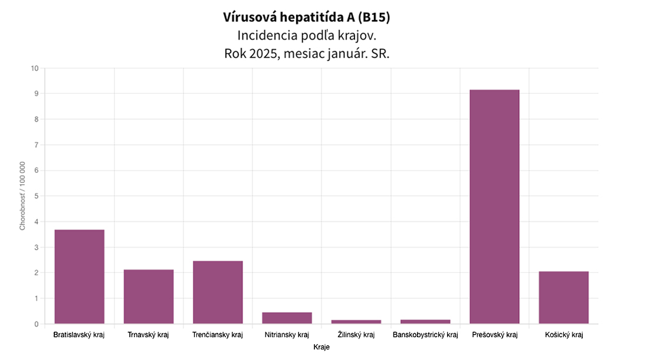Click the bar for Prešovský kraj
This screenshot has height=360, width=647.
click(494, 207)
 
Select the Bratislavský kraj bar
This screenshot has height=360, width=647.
click(79, 276)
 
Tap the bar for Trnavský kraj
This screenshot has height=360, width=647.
click(148, 296)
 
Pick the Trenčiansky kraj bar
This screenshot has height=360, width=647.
click(218, 292)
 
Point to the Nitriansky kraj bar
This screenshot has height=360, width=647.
click(287, 318)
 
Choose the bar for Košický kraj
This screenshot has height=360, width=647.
click(563, 297)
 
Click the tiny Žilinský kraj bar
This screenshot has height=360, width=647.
click(356, 322)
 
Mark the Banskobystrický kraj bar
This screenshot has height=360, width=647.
click(425, 322)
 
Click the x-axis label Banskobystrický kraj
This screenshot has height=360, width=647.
click(425, 335)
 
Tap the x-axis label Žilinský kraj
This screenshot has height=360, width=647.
click(356, 335)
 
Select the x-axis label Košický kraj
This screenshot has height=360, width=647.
click(563, 335)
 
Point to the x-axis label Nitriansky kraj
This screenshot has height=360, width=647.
click(287, 335)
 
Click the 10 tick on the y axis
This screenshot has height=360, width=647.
click(34, 68)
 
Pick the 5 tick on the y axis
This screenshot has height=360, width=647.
click(36, 196)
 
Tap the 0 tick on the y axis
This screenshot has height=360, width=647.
click(36, 324)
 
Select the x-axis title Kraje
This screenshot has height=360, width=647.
click(321, 348)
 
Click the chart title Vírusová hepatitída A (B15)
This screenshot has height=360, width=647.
click(307, 18)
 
